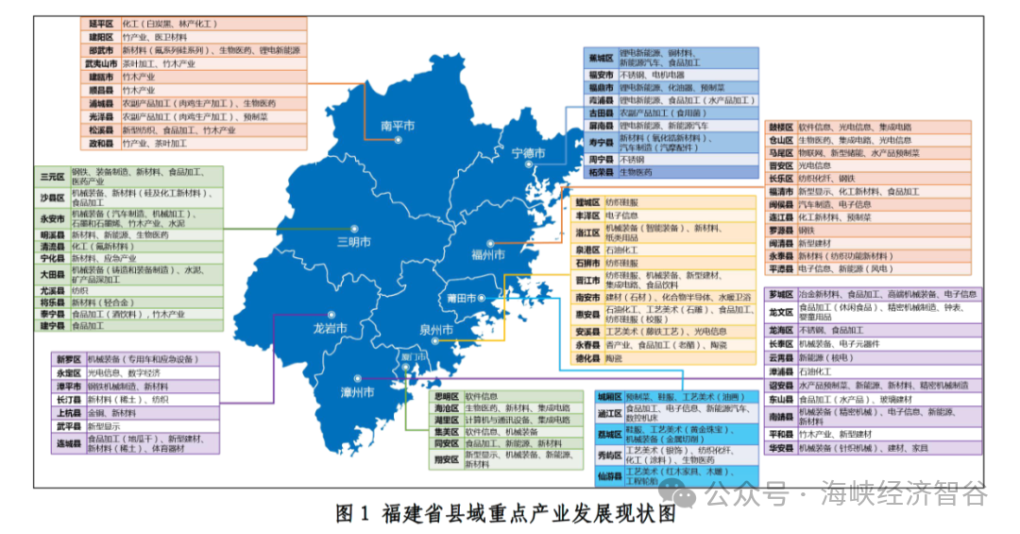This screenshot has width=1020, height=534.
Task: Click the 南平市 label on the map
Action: point(398,126)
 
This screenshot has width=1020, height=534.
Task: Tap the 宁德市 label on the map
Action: point(528,153)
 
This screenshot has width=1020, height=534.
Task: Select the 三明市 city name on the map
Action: point(355,241)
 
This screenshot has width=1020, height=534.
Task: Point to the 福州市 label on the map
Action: point(487,254)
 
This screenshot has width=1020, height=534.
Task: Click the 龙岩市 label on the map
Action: point(330,329)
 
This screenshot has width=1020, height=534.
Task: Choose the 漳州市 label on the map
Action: point(360,391)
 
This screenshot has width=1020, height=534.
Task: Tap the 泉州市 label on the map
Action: point(436,330)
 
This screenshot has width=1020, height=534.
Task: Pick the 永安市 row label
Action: point(52,217)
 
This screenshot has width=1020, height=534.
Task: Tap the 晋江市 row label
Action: point(587,280)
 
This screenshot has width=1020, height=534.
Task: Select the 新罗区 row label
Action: point(68,359)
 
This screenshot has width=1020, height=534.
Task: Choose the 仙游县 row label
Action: point(608,475)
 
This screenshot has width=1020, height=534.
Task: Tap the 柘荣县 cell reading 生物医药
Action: point(635,173)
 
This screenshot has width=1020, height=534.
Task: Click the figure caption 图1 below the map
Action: point(506,515)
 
